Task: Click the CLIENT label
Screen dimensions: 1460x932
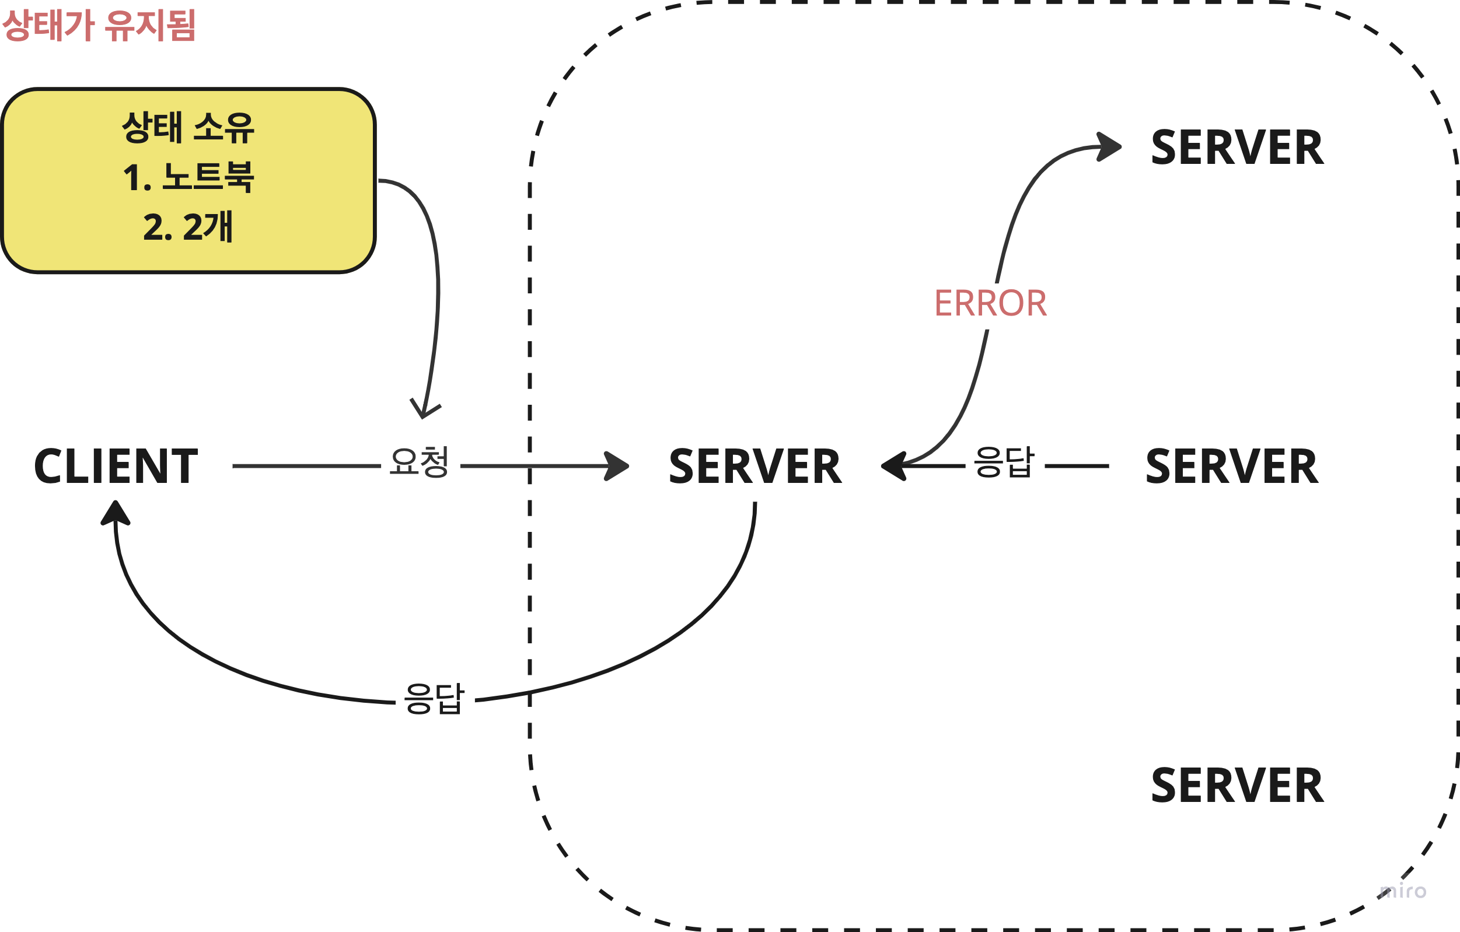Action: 116,466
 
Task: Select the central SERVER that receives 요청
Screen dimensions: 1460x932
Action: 755,466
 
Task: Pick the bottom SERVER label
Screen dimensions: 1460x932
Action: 1238,786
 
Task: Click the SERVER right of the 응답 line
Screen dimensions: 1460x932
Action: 1232,466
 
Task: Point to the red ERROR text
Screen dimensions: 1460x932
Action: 991,303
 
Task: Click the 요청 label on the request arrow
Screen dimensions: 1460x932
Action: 419,463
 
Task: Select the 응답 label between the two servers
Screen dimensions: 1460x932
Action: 1004,463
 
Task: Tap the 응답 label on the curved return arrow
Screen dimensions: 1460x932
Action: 434,699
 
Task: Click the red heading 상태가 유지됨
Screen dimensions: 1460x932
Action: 99,25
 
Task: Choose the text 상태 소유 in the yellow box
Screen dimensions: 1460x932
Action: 188,128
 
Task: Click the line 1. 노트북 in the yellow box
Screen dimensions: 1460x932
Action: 188,177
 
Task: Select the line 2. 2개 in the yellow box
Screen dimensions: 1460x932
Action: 188,227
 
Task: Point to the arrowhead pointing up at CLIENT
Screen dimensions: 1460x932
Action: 115,513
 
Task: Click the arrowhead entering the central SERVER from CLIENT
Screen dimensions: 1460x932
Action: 617,466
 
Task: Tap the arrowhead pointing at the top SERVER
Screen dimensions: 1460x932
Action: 1109,146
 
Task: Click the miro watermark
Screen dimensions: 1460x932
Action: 1402,891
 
